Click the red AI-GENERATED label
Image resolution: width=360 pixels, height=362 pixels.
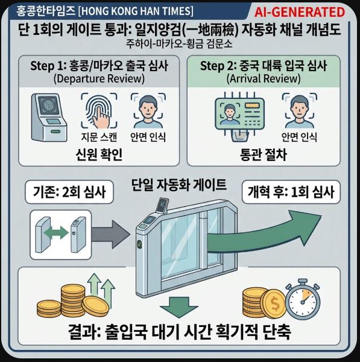click(x=300, y=12)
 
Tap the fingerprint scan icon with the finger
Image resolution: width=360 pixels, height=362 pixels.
click(x=99, y=110)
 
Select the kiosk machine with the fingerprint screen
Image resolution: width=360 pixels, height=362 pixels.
click(x=49, y=117)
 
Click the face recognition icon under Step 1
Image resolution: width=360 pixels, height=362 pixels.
click(x=148, y=110)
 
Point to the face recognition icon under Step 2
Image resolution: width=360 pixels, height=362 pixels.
click(x=300, y=110)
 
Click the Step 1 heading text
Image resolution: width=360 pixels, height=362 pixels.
click(x=99, y=66)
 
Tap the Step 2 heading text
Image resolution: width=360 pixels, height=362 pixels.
click(x=264, y=66)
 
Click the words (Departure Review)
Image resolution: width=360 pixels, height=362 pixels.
click(x=99, y=78)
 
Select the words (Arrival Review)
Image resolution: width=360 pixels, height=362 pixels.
click(x=264, y=78)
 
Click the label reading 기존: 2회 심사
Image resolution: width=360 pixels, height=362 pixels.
click(x=69, y=192)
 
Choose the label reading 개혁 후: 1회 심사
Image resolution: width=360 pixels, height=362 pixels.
click(x=291, y=192)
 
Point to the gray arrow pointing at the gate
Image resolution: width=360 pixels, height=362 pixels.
click(x=111, y=235)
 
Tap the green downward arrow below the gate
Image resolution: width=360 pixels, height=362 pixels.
click(x=179, y=307)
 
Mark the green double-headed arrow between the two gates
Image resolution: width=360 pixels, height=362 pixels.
click(x=56, y=233)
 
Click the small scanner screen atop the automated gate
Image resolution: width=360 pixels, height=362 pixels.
click(x=163, y=205)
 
